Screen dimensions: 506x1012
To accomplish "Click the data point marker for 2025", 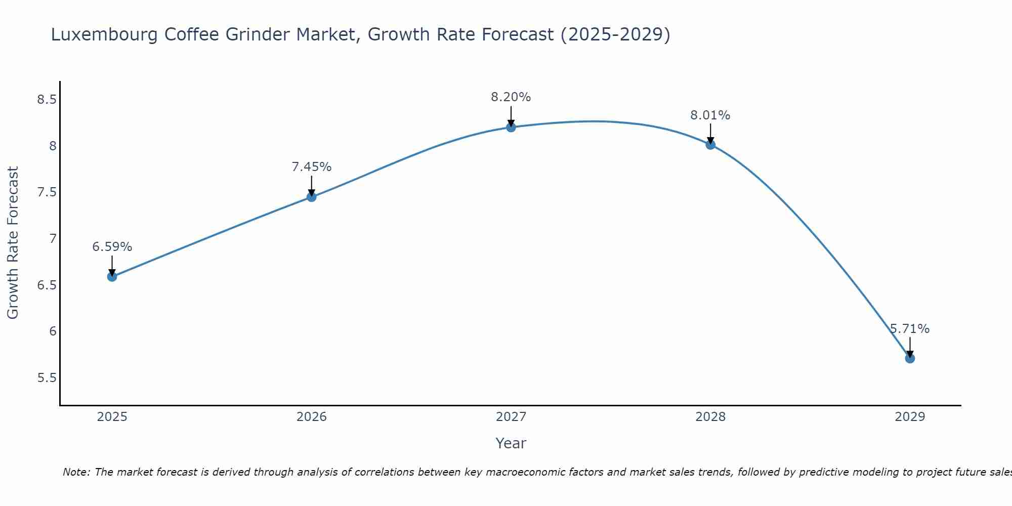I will (x=112, y=277).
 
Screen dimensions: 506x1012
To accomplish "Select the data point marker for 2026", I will (x=312, y=197).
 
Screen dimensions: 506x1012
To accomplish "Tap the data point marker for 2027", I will (x=511, y=127).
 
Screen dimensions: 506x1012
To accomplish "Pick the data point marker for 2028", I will (x=710, y=145).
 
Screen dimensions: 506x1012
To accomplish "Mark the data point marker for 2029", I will (x=910, y=359).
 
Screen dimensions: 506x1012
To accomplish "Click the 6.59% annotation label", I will (x=112, y=247).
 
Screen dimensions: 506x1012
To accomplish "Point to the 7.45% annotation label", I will (x=312, y=166).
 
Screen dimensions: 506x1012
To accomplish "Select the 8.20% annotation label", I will (x=511, y=97).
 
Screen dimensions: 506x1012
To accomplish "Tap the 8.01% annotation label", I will (x=710, y=115).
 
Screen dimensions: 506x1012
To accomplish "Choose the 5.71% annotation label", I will (x=910, y=329).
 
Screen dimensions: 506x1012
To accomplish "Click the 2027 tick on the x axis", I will (x=511, y=417).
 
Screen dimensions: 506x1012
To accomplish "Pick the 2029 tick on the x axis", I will (x=910, y=417).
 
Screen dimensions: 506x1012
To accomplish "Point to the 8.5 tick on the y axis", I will (x=47, y=99).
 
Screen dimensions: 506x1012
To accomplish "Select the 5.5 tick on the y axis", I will (x=47, y=378).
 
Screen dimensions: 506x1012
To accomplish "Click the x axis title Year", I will (x=511, y=443).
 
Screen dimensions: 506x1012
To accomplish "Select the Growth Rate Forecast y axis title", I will (x=13, y=243).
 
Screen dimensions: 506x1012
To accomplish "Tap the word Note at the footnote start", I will (x=76, y=472).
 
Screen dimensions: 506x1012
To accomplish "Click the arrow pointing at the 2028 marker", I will (x=710, y=134).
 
